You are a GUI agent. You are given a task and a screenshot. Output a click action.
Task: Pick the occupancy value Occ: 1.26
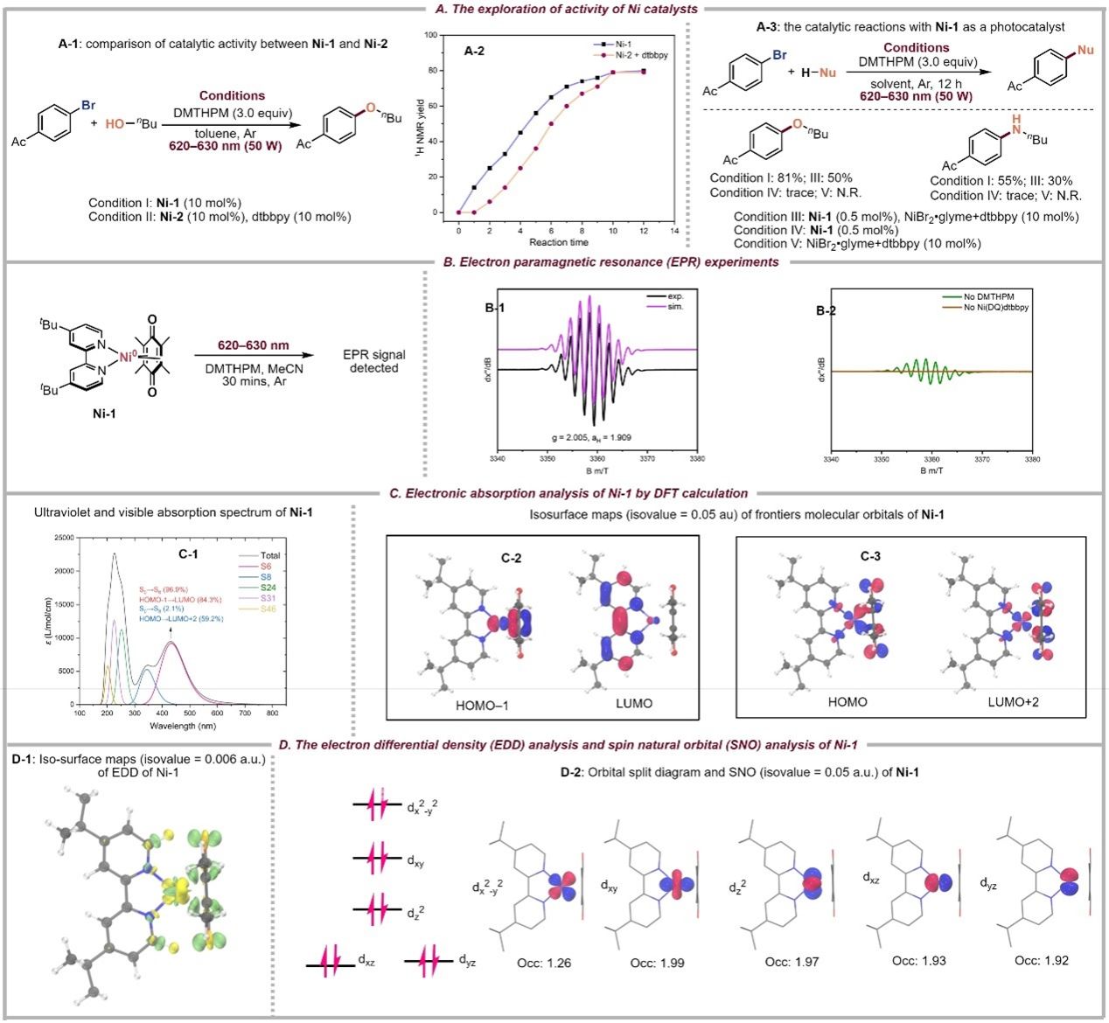coord(535,962)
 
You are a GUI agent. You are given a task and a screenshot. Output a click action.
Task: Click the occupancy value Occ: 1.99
coord(657,963)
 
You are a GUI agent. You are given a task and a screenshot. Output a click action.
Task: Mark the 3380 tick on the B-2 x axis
coord(1032,458)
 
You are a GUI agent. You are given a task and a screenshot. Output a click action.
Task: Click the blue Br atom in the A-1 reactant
coord(88,105)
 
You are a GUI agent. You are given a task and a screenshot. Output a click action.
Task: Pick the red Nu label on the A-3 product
coord(1085,50)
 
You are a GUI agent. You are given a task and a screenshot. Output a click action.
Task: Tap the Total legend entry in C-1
coord(270,555)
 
